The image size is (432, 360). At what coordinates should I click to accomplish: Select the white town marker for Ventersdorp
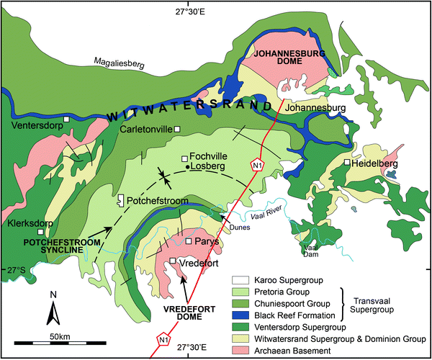(66, 118)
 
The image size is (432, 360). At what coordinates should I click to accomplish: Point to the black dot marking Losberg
(188, 167)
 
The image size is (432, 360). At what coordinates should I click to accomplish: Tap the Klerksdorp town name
(29, 223)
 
